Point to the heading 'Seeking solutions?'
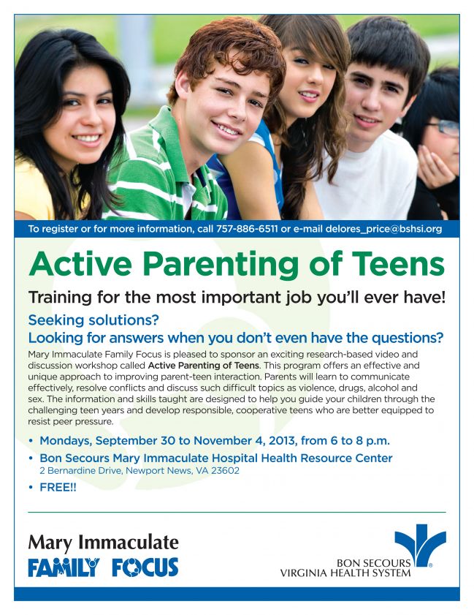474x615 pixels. pyautogui.click(x=93, y=320)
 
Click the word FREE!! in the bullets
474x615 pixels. pyautogui.click(x=58, y=486)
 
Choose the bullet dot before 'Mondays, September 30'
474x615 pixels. pyautogui.click(x=31, y=441)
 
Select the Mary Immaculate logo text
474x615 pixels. pyautogui.click(x=103, y=543)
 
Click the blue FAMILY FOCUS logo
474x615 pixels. pyautogui.click(x=103, y=567)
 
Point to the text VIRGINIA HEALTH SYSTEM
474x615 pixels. pyautogui.click(x=345, y=573)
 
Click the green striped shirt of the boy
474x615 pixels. pyautogui.click(x=157, y=183)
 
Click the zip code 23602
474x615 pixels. pyautogui.click(x=225, y=471)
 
